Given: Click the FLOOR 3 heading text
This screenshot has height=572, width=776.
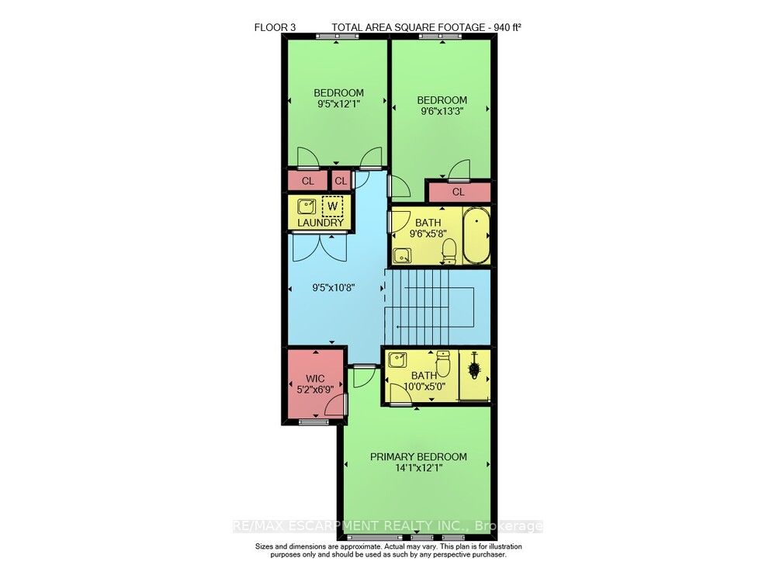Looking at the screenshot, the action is point(275,28).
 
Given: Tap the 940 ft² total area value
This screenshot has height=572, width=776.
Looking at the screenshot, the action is point(507,28).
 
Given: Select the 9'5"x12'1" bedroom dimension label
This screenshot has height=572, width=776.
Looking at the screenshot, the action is point(338,104).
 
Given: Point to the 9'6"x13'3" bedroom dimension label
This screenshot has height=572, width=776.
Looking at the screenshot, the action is point(442,111).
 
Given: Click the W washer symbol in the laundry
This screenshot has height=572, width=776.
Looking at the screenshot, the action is point(333,206).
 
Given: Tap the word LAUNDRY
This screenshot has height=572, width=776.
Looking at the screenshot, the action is point(320,223).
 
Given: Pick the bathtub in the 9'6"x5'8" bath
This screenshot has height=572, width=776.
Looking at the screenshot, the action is point(476,235).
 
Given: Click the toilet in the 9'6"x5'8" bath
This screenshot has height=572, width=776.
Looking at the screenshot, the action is point(449,251).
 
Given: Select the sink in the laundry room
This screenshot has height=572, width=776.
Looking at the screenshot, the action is point(307,206).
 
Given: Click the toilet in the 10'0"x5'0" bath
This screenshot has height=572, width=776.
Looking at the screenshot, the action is point(443,363).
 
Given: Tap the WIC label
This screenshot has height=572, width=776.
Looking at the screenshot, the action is point(315,379).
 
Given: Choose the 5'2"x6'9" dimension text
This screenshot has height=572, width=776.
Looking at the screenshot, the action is point(315,390).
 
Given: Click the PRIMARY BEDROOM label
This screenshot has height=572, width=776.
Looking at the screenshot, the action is point(419,456).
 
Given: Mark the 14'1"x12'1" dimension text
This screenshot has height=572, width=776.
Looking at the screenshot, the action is point(419,467).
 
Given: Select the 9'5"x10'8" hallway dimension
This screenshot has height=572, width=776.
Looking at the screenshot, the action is point(334,287).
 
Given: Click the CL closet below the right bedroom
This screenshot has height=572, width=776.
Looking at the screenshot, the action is point(459,192).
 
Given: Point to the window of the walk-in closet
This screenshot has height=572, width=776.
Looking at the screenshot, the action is point(314,422).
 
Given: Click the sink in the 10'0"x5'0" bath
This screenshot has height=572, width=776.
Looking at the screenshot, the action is point(398,359).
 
